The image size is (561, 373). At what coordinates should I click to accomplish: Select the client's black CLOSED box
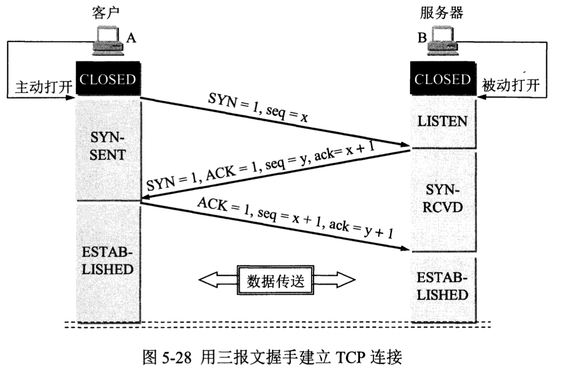click(108, 80)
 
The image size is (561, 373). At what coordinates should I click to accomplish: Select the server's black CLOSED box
click(442, 80)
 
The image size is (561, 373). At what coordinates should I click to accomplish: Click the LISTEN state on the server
click(442, 121)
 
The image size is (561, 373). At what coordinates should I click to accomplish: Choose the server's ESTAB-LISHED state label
click(442, 287)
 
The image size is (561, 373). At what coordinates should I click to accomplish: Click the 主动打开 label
click(44, 86)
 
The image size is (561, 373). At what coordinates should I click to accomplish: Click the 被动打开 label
click(510, 85)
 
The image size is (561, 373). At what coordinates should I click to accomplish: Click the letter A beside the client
click(130, 39)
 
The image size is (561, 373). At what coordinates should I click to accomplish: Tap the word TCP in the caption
click(348, 358)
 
